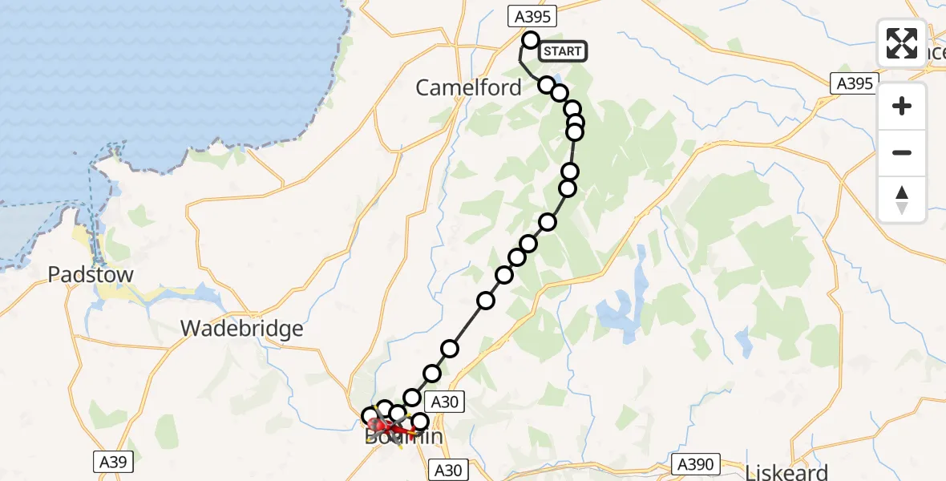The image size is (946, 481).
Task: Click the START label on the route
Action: click(563, 51)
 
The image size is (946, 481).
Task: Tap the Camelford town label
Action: click(468, 87)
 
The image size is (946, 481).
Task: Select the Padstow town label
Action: click(91, 275)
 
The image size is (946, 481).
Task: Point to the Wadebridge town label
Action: click(242, 328)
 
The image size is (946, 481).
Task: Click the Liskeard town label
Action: click(786, 471)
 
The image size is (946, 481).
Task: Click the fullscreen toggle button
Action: click(902, 43)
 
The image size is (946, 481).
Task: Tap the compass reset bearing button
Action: click(902, 200)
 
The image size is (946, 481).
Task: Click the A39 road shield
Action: click(111, 462)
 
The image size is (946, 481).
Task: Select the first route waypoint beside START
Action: click(530, 40)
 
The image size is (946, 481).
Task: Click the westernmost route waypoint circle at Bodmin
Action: click(370, 416)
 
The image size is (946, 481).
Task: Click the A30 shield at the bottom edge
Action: click(451, 470)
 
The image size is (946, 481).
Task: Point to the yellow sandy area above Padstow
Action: click(83, 236)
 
